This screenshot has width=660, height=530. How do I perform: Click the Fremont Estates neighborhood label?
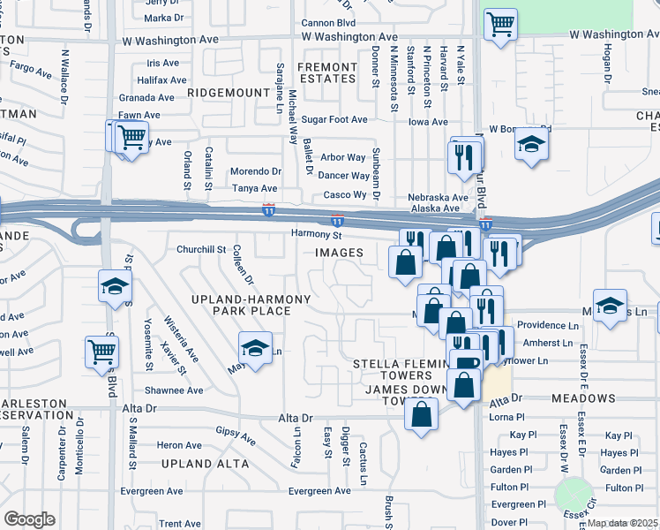326,72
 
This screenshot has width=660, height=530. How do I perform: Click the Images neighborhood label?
340,253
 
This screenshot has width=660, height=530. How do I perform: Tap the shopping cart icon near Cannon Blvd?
500,26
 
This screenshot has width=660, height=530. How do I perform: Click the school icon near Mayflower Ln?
255,349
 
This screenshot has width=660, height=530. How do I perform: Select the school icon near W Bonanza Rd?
531,145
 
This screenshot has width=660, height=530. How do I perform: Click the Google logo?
29,519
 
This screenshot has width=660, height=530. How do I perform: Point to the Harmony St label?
317,235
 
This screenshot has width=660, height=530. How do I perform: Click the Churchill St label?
202,249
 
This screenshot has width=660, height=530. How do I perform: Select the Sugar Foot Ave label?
334,119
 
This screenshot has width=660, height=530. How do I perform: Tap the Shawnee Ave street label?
174,390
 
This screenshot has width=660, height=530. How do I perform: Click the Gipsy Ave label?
236,435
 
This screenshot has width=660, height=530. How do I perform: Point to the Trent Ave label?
180,524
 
